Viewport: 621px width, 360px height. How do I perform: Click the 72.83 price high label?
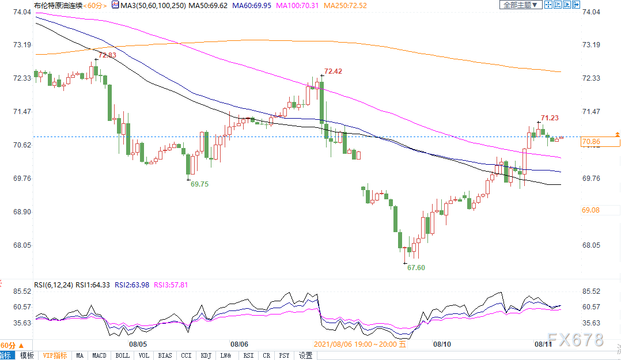(x=107, y=55)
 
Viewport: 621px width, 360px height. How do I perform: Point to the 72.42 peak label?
(x=333, y=71)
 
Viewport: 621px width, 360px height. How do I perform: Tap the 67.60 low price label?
(x=416, y=268)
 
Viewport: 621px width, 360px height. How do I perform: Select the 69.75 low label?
(x=199, y=184)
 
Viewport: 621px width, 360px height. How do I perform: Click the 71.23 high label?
(x=550, y=118)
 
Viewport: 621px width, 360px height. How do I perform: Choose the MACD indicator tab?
(x=100, y=355)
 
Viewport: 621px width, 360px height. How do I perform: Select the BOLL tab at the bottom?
(x=123, y=355)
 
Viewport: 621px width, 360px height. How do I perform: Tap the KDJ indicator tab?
(x=206, y=355)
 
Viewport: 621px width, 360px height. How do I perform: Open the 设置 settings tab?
(x=305, y=355)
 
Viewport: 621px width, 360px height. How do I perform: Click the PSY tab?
(x=285, y=355)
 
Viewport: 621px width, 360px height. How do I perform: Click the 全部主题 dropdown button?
(x=520, y=5)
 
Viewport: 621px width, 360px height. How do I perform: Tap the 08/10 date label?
(x=442, y=344)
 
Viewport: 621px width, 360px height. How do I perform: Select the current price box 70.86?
(x=591, y=142)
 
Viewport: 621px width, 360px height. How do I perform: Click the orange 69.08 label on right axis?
(x=591, y=210)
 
